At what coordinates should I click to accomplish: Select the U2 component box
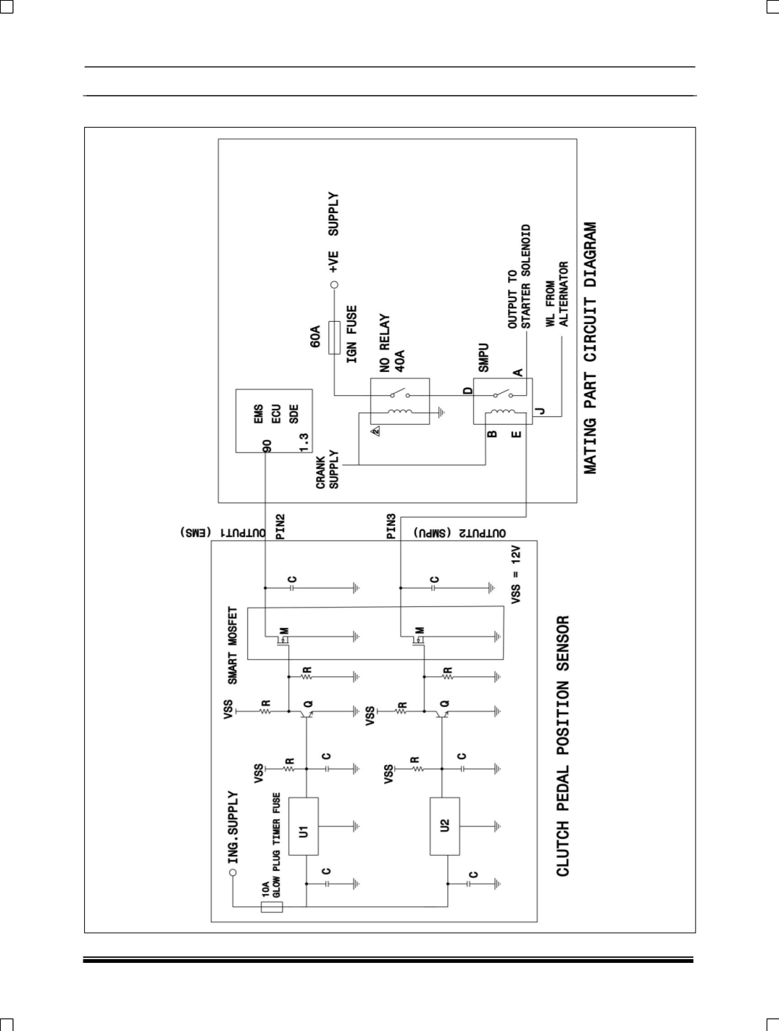[444, 825]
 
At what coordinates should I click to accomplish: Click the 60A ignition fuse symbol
[334, 336]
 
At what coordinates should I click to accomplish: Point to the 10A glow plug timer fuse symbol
[272, 906]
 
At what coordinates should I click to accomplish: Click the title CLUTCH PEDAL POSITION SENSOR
[563, 746]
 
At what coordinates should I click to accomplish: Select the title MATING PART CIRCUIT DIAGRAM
[591, 348]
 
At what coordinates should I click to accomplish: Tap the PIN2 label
[280, 527]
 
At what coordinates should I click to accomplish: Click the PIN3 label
[391, 527]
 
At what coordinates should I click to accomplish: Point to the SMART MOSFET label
[233, 645]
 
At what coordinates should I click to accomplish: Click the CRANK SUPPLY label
[328, 470]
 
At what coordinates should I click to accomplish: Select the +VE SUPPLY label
[333, 232]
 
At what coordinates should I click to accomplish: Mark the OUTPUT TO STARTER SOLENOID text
[519, 277]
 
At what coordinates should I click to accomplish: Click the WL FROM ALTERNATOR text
[557, 294]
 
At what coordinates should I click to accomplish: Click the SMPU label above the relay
[483, 357]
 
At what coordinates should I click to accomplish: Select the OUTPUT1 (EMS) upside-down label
[224, 532]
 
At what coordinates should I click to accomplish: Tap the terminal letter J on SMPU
[539, 413]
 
